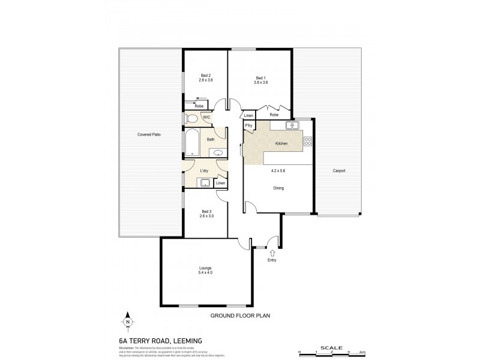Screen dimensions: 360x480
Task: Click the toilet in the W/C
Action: (x=191, y=118)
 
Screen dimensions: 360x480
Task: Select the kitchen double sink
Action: (x=293, y=125)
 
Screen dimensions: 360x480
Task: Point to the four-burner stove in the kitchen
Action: (x=308, y=142)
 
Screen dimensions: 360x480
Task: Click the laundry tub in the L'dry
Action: (x=205, y=183)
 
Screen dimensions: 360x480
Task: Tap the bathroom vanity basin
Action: (x=220, y=153)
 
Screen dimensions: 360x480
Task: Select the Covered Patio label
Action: (x=148, y=134)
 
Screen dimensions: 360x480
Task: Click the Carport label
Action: (x=339, y=171)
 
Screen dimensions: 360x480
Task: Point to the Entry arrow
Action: (x=273, y=253)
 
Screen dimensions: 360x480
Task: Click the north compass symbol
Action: (x=128, y=322)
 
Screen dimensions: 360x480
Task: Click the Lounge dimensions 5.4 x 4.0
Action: (x=206, y=273)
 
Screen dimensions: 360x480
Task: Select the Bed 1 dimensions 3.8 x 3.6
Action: (x=259, y=82)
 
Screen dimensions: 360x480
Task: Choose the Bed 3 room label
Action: (x=206, y=211)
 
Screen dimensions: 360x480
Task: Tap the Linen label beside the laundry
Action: (x=221, y=183)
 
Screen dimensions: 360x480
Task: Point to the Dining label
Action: (x=278, y=188)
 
